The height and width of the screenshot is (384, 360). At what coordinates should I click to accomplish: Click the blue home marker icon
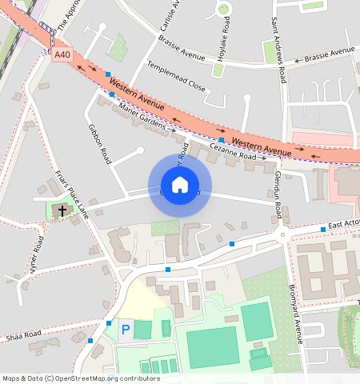[180, 186]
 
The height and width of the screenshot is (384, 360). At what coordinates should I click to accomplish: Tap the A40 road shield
[62, 55]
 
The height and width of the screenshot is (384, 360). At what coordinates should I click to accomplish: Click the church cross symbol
[62, 211]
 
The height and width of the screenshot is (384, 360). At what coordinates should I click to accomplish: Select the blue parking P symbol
[125, 329]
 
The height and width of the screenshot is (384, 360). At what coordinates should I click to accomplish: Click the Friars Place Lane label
[72, 193]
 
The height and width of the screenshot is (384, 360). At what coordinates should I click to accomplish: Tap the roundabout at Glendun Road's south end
[282, 235]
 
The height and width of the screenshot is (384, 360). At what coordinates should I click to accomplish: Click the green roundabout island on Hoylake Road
[222, 10]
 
